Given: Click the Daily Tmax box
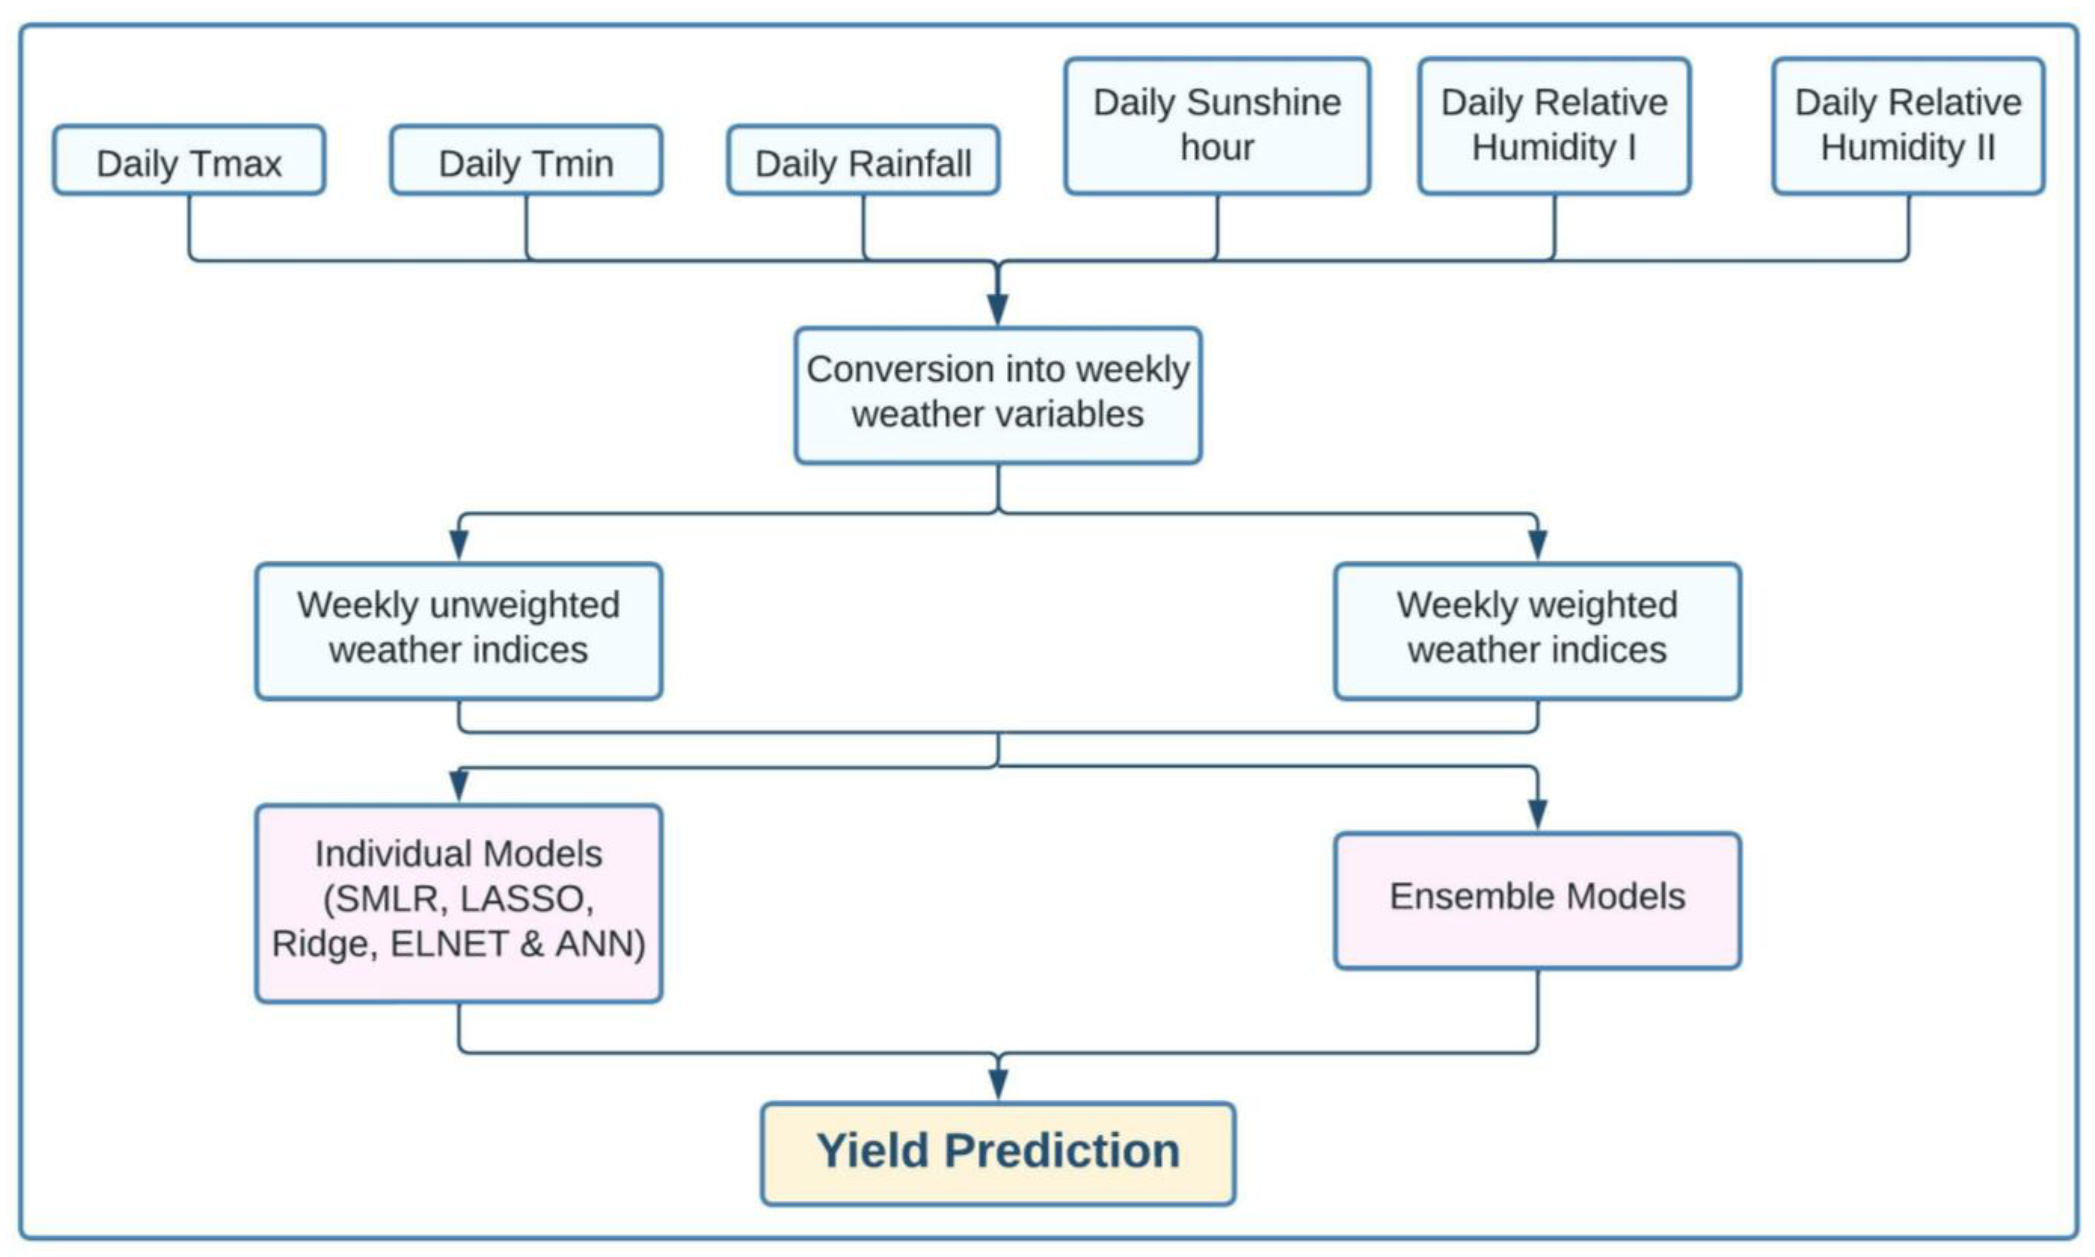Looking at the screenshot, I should (x=189, y=161).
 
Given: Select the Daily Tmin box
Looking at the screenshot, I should (x=526, y=161).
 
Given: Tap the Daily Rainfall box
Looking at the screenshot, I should (x=863, y=161).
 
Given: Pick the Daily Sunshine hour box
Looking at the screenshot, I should (x=1217, y=125).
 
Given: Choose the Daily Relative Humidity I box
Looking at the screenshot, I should (x=1555, y=125).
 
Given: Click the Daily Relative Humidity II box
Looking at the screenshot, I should (x=1908, y=125).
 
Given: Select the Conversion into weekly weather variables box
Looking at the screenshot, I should (x=998, y=395).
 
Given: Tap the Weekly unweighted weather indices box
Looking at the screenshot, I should (x=458, y=631).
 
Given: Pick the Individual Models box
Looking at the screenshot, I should (x=458, y=903).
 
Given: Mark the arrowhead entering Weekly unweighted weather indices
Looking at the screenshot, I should (x=458, y=545).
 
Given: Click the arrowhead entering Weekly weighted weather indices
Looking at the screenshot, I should (x=1538, y=545).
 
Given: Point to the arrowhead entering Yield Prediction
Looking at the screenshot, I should (x=998, y=1084).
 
